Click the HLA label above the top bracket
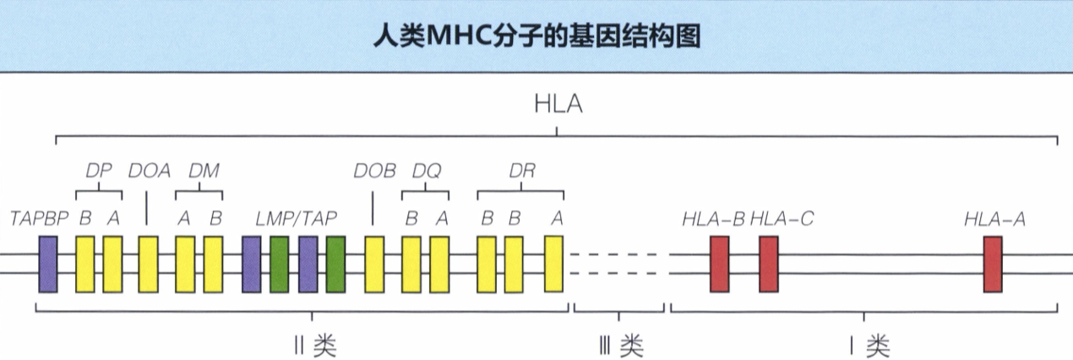coord(558,106)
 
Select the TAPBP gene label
coord(39,218)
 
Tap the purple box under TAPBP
coord(48,265)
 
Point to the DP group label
coord(99,170)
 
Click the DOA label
coord(150,170)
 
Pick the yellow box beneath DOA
coord(149,265)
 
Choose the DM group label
coord(203,170)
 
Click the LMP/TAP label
coord(296,218)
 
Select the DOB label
coord(374,170)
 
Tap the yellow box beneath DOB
coord(374,265)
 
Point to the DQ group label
coord(426,170)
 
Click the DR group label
coord(522,170)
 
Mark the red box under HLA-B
coord(719,265)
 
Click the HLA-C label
coord(782,218)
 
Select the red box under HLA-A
coord(993,265)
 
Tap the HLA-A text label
coord(994,218)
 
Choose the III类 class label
coord(620,345)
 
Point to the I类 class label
coord(866,345)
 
